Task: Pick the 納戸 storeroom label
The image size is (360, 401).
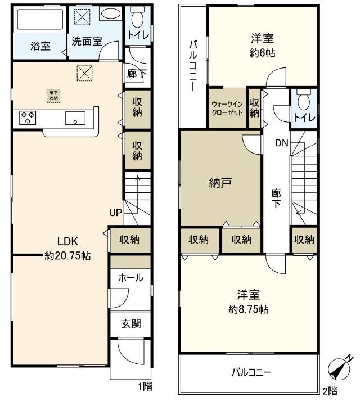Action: [220, 184]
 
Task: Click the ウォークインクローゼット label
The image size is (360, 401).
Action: [228, 108]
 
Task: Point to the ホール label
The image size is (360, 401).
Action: [130, 278]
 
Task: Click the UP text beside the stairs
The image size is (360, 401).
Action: [115, 213]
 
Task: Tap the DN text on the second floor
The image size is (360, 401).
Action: [281, 143]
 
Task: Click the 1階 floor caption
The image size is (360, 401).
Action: [145, 386]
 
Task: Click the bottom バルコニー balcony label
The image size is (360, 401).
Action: [251, 372]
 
